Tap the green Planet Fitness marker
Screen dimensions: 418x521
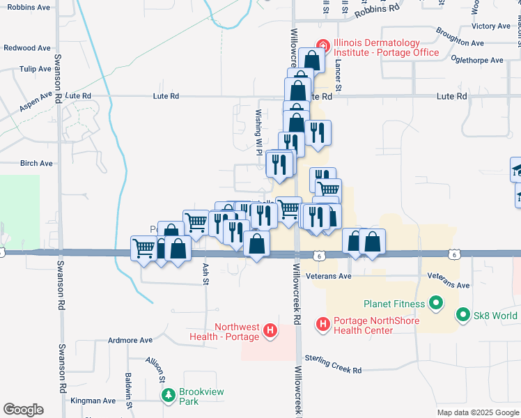click(x=436, y=303)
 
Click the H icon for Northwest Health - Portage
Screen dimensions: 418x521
click(x=271, y=332)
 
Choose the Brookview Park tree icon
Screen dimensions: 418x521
click(x=169, y=396)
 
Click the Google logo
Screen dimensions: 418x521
click(x=23, y=410)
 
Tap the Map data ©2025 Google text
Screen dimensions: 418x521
click(x=477, y=412)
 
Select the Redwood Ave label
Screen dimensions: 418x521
click(x=27, y=48)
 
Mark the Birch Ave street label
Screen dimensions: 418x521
click(x=36, y=163)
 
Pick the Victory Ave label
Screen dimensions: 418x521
click(x=491, y=26)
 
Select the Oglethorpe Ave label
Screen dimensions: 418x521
click(x=477, y=61)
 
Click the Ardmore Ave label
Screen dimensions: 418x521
click(x=130, y=341)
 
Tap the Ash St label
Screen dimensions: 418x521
click(x=205, y=268)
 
